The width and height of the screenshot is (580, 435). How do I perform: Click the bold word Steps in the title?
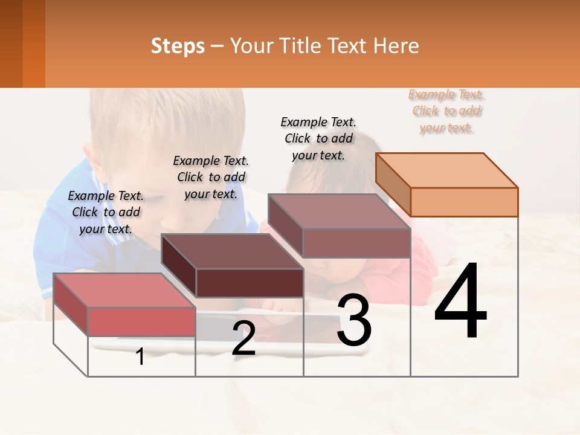click(178, 46)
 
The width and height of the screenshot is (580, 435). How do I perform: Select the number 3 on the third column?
click(354, 321)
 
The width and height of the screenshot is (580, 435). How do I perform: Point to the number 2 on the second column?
click(243, 338)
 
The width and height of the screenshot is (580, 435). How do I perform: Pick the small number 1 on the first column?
click(140, 356)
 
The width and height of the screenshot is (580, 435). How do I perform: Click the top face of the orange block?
click(446, 170)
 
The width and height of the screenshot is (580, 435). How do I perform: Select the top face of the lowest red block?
click(124, 290)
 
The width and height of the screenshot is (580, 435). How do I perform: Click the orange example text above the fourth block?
click(446, 111)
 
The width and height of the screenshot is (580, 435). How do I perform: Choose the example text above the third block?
click(318, 138)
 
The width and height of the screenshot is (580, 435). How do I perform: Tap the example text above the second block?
click(211, 177)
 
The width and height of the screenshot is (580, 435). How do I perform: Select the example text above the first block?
click(106, 212)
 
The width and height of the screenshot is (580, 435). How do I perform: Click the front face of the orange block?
click(464, 202)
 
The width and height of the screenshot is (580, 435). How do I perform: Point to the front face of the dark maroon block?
click(250, 283)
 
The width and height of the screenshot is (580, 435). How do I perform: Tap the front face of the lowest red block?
click(141, 321)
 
